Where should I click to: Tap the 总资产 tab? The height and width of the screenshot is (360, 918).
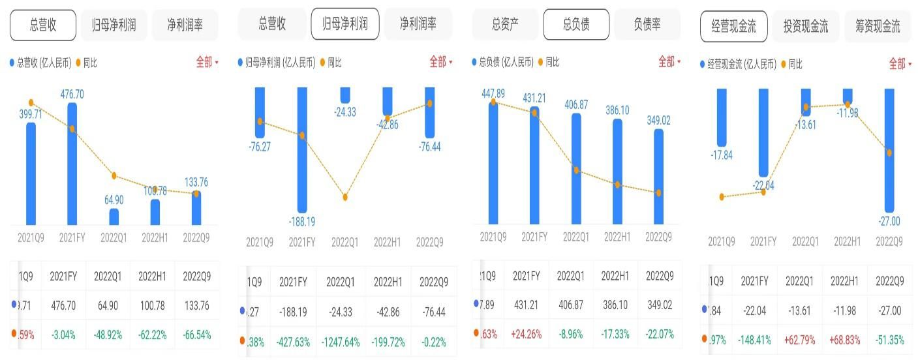506,25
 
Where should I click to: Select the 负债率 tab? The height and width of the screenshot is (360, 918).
647,25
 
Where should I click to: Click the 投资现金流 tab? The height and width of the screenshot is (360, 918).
805,27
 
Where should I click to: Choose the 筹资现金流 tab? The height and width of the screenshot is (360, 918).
877,27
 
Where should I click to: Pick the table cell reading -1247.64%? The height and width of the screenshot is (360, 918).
341,342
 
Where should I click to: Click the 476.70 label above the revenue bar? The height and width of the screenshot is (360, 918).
72,95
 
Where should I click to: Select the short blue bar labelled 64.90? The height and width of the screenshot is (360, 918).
114,217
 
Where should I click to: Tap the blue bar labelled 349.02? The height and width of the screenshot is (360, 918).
658,176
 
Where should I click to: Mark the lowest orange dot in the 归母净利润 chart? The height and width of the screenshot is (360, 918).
345,197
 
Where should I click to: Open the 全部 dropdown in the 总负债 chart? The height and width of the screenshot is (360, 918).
669,62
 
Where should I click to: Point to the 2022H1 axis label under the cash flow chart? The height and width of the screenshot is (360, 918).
847,241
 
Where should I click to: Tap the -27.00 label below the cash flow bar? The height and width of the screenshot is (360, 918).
888,221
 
